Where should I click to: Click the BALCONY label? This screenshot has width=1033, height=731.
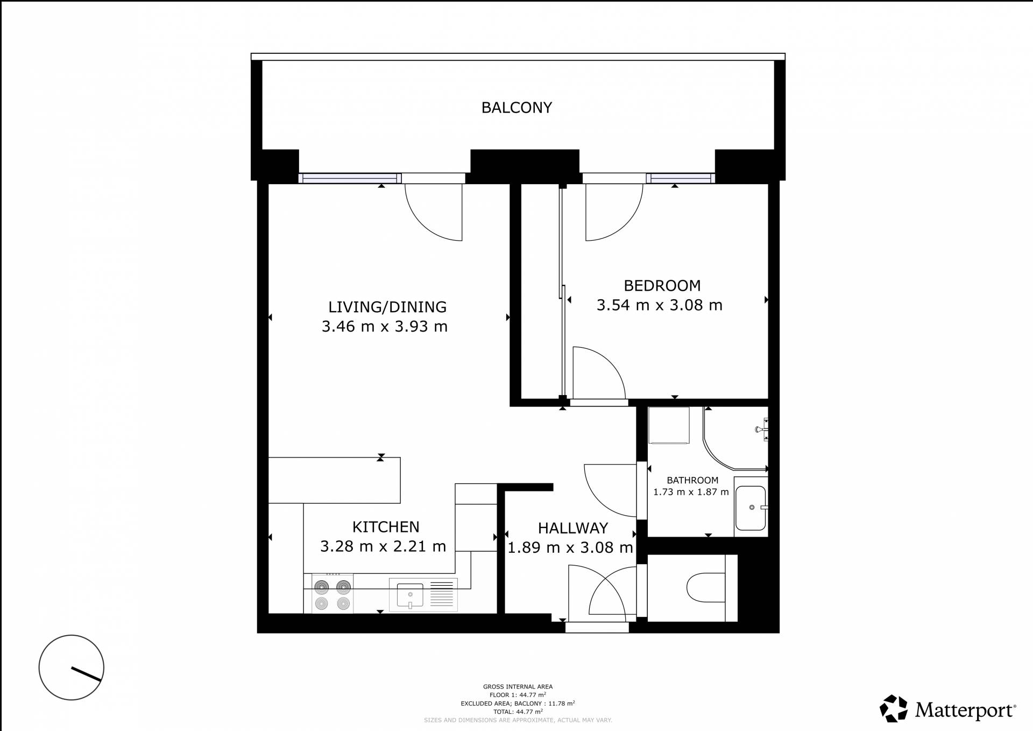[516, 108]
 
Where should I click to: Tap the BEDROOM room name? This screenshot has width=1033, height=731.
[662, 285]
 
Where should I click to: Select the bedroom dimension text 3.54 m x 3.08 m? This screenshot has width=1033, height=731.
[659, 305]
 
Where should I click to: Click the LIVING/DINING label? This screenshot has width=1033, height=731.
[387, 307]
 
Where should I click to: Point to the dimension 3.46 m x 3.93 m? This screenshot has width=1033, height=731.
[385, 327]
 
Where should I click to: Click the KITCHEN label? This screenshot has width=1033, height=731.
[386, 526]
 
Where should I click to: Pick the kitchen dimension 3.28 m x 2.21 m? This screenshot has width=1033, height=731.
[383, 546]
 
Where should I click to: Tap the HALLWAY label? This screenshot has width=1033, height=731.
[573, 528]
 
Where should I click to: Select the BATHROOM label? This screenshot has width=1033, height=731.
[692, 480]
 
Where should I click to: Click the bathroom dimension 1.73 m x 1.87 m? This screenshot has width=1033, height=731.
[691, 492]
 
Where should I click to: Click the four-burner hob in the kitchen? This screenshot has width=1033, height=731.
[332, 594]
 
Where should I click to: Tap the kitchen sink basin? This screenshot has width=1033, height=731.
[410, 595]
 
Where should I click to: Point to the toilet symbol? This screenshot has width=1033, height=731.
[706, 588]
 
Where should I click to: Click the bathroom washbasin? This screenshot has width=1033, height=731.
[751, 508]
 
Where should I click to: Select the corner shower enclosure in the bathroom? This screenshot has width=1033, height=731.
[735, 438]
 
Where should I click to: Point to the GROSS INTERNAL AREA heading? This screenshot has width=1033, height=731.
[518, 687]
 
